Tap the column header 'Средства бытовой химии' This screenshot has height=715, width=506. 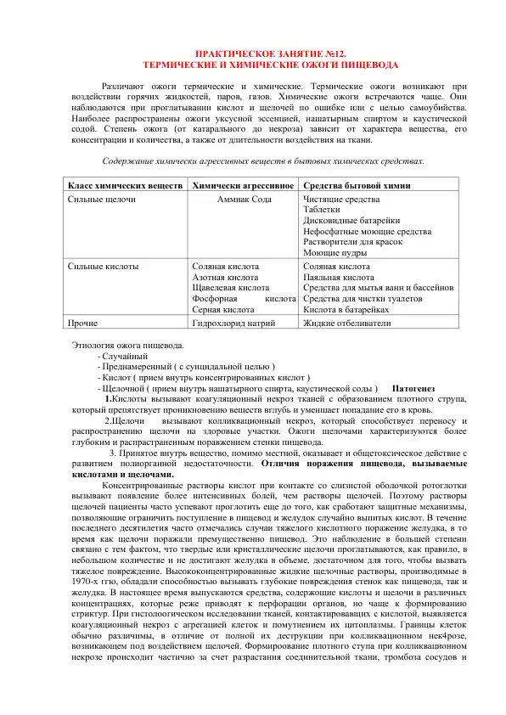[x=357, y=185]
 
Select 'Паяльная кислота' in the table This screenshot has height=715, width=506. [x=338, y=277]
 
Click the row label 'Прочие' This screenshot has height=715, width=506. [x=82, y=324]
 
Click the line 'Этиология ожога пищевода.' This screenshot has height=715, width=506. [x=124, y=346]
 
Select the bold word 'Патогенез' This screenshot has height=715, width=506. [x=414, y=389]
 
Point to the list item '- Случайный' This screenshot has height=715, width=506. [x=124, y=357]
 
